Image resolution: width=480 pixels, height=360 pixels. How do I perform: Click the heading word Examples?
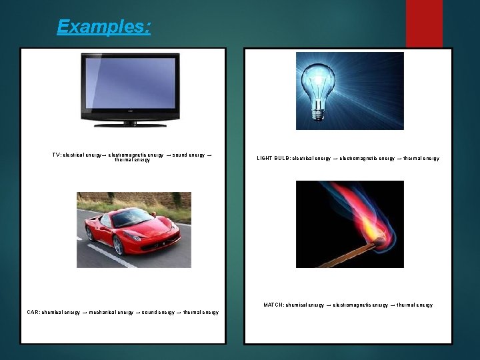click(x=103, y=27)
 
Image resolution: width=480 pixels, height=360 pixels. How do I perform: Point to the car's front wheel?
click(x=119, y=245)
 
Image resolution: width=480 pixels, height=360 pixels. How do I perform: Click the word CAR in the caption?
click(x=33, y=312)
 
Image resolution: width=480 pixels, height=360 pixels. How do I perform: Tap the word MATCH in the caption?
click(x=273, y=305)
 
